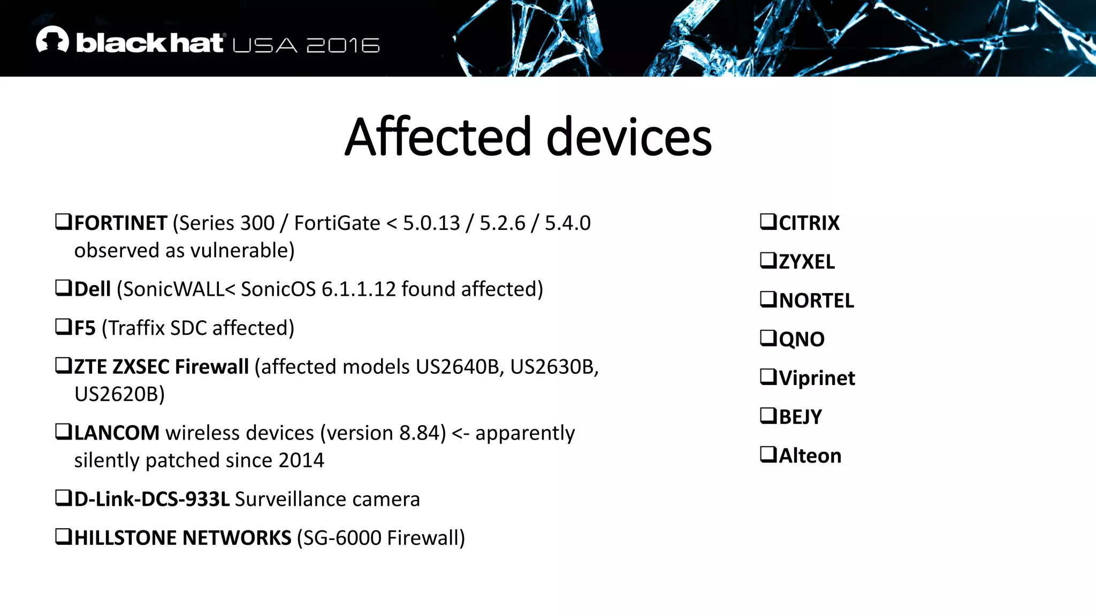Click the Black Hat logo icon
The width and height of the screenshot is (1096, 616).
52,40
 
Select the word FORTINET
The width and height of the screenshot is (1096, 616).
120,223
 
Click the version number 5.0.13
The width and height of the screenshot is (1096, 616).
431,223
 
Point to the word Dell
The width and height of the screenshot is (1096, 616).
92,289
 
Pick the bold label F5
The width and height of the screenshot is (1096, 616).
85,328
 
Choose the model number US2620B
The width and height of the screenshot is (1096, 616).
119,394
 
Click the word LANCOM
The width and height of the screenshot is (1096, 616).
117,433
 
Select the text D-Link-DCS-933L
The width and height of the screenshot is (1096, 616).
152,499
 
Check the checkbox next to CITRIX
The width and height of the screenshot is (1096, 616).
768,221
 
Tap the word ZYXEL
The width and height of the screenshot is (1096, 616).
806,262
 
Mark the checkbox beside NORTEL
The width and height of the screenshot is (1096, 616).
768,299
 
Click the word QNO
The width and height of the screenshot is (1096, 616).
802,340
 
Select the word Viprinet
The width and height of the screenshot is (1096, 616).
817,378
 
